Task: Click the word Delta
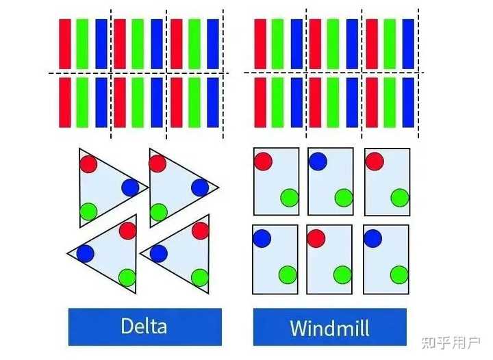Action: coord(144,326)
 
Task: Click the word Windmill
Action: coord(329,327)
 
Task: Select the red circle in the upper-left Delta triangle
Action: coord(88,164)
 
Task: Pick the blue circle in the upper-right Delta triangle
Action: coord(200,188)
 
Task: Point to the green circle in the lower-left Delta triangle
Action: coord(127,277)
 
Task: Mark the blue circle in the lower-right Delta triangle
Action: coord(158,253)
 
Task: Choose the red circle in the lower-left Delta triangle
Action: coord(127,231)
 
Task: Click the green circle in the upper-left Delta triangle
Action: coord(88,211)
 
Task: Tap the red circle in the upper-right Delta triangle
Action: coord(157,164)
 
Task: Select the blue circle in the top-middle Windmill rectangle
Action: coord(318,161)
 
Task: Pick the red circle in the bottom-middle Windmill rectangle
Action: coord(316,238)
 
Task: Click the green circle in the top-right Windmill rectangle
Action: coord(400,198)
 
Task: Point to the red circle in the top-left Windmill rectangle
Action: coord(262,161)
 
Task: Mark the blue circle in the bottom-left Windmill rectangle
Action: coord(262,238)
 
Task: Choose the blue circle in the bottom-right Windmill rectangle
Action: coord(373,238)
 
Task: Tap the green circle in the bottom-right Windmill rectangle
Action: coord(399,274)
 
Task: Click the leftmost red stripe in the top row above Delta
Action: coord(65,44)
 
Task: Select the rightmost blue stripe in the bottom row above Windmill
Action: coord(409,102)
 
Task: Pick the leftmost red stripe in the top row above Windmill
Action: coord(260,44)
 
